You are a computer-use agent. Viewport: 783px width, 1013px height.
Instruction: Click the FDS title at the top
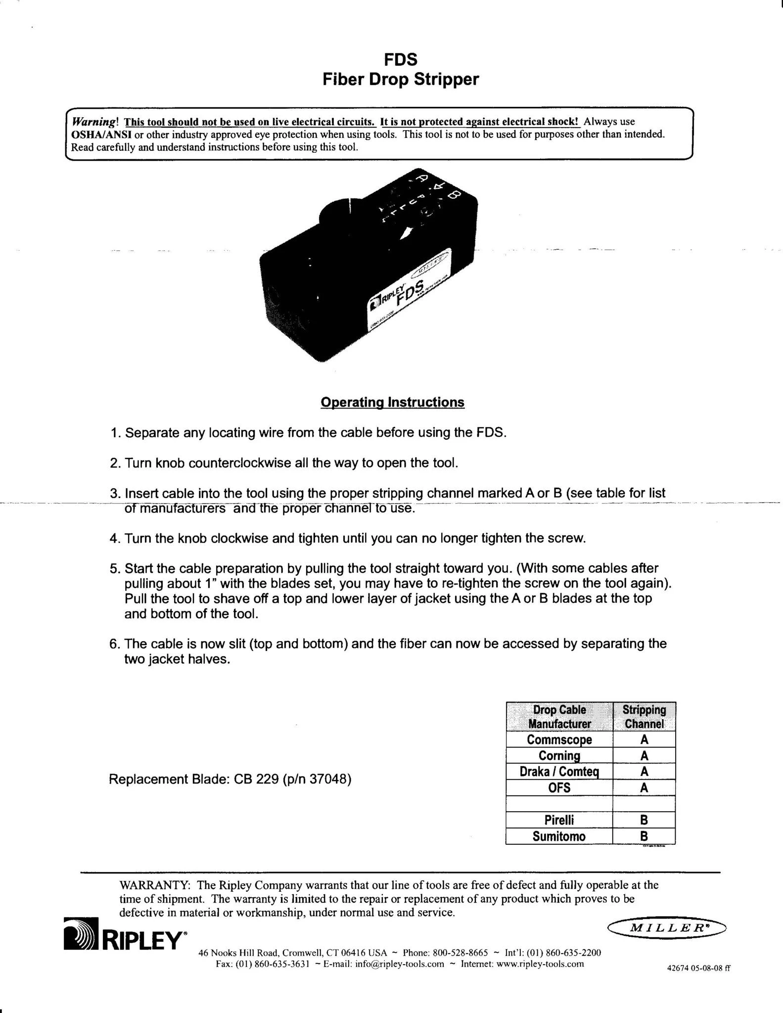pyautogui.click(x=401, y=60)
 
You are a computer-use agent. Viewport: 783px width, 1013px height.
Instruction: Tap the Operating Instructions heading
pyautogui.click(x=392, y=402)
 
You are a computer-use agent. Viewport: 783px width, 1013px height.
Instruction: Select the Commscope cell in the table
pyautogui.click(x=559, y=739)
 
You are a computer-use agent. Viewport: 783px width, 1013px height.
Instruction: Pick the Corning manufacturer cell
pyautogui.click(x=559, y=755)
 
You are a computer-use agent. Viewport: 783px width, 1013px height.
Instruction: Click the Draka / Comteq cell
pyautogui.click(x=559, y=771)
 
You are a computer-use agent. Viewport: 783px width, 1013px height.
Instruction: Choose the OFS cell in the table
pyautogui.click(x=559, y=787)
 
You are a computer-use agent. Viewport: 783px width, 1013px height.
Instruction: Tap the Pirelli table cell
pyautogui.click(x=559, y=820)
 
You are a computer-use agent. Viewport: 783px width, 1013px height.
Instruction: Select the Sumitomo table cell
pyautogui.click(x=559, y=836)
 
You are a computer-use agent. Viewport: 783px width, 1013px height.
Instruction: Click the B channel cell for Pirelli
pyautogui.click(x=644, y=820)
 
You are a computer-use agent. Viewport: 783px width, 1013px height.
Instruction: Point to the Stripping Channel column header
pyautogui.click(x=644, y=717)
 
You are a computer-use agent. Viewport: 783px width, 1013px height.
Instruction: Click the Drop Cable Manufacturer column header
pyautogui.click(x=559, y=717)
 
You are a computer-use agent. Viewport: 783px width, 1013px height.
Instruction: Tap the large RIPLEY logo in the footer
pyautogui.click(x=126, y=941)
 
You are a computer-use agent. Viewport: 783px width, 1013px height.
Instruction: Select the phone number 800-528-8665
pyautogui.click(x=460, y=953)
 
